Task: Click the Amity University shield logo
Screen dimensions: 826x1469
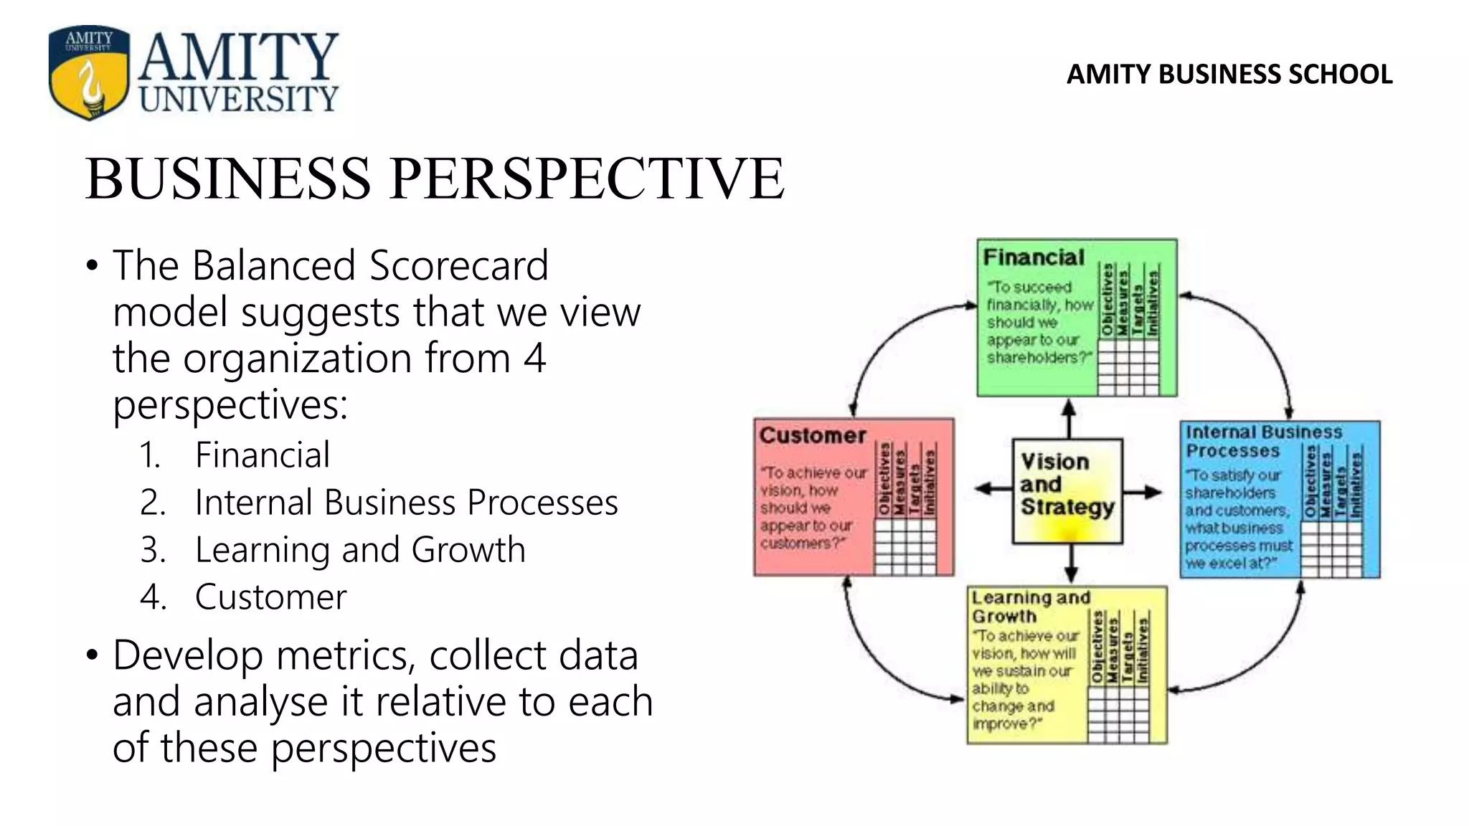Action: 89,72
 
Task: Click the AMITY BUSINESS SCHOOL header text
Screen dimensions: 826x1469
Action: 1229,75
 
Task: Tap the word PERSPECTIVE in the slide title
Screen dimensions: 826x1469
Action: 587,179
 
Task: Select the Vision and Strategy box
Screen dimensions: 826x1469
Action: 1067,491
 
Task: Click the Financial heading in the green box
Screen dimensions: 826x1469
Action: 1034,257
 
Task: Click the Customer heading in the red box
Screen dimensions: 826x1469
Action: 813,435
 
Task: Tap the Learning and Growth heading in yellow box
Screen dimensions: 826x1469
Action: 1030,607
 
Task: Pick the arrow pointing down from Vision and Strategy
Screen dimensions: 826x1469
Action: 1071,564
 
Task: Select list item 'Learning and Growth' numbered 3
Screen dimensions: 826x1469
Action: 360,550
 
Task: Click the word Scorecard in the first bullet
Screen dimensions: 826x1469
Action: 458,265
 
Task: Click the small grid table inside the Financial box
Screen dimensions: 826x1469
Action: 1128,366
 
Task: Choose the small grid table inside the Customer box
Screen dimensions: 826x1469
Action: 905,546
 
